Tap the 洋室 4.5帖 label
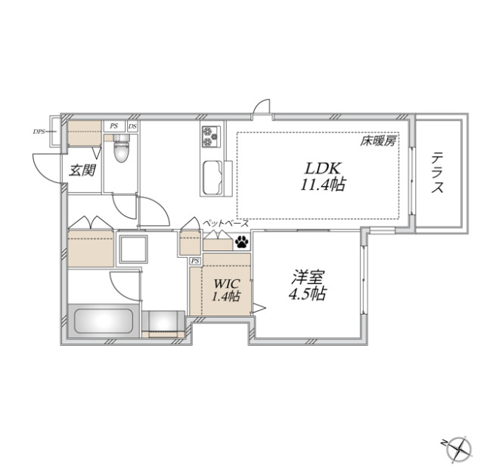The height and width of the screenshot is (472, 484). [306, 285]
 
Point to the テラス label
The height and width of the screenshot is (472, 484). [437, 175]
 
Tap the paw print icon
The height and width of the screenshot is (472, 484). [242, 243]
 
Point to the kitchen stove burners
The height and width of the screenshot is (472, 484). [209, 136]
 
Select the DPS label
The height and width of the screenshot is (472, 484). [38, 132]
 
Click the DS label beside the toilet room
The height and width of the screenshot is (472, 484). [133, 126]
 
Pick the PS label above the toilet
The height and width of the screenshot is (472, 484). [113, 126]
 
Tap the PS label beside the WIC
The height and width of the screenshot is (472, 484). [195, 260]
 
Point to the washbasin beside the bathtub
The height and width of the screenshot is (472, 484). [163, 323]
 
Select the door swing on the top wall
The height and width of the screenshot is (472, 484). [262, 108]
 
